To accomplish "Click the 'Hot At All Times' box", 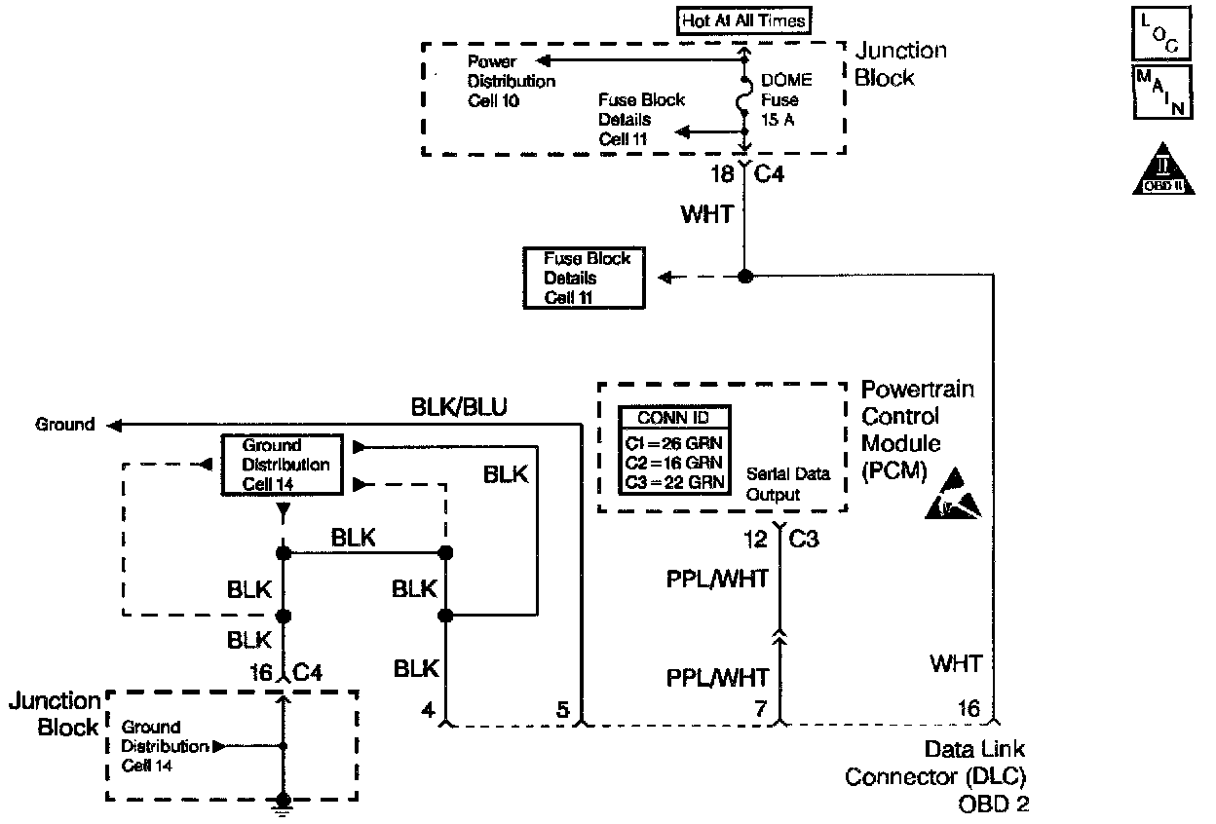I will point(743,20).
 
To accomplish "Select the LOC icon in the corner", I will point(1160,32).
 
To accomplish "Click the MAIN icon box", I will point(1160,93).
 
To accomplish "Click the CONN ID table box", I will point(674,450).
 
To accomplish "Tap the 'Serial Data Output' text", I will point(787,484).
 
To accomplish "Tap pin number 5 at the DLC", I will point(562,710).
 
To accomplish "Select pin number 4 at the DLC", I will point(427,710).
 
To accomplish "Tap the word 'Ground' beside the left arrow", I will point(65,425).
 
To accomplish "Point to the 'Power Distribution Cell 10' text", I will point(512,81).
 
